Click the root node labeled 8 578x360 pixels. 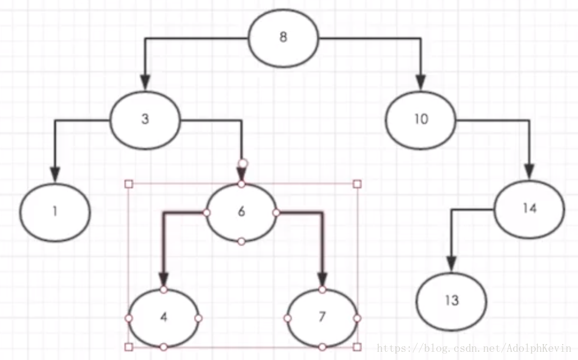283,38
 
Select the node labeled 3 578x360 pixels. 145,119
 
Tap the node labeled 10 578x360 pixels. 421,119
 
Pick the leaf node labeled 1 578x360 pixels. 55,211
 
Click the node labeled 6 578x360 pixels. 241,212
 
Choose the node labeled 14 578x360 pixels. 530,208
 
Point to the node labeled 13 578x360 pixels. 451,301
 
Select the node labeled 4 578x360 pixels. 164,317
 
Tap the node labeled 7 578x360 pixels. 322,317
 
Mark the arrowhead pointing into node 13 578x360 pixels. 451,263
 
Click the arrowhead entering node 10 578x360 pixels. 421,82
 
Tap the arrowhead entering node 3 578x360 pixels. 145,82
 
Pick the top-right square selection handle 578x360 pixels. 357,184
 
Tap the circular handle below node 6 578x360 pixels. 241,241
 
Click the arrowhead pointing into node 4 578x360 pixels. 164,279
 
